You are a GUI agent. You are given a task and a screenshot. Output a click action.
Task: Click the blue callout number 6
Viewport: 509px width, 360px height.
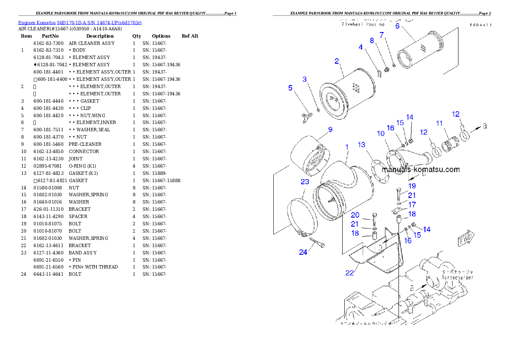click(397, 26)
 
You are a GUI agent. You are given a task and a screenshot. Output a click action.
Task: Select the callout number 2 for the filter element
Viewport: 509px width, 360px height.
click(337, 61)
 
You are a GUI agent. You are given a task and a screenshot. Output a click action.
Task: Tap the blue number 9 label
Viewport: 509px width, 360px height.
click(330, 129)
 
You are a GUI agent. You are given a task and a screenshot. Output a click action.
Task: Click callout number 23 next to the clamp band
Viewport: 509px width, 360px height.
click(305, 182)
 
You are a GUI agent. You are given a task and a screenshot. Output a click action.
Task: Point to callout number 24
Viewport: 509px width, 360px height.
click(303, 252)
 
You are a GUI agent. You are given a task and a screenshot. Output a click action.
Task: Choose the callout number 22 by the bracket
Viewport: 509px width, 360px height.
click(349, 273)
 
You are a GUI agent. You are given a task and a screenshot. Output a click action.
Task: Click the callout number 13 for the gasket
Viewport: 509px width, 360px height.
click(362, 145)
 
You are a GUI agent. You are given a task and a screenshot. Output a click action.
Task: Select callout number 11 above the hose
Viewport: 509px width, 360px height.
click(439, 123)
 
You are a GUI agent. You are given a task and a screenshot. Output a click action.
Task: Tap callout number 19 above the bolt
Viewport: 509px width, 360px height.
click(412, 186)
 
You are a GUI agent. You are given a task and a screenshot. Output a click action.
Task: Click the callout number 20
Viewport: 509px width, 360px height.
click(355, 215)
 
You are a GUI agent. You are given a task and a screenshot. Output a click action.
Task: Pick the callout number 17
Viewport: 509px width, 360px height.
click(412, 205)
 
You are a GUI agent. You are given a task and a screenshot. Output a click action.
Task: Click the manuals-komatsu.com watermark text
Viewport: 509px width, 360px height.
click(420, 169)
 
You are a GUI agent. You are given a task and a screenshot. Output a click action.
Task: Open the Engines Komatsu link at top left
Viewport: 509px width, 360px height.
click(80, 22)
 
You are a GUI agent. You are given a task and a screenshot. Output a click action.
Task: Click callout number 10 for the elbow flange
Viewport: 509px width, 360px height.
click(381, 133)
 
